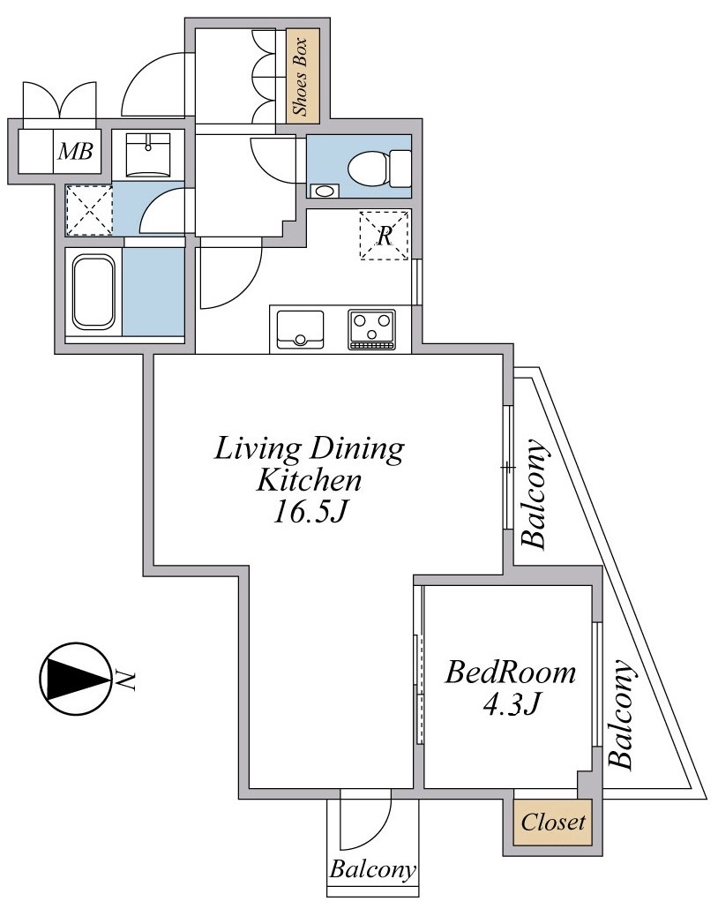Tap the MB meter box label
pyautogui.click(x=76, y=152)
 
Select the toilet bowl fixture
pyautogui.click(x=379, y=168)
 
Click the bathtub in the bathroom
pyautogui.click(x=93, y=293)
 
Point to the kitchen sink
pyautogui.click(x=300, y=330)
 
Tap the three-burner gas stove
pyautogui.click(x=372, y=330)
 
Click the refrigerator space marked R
pyautogui.click(x=385, y=236)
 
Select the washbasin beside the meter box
pyautogui.click(x=148, y=154)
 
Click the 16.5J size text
pyautogui.click(x=310, y=512)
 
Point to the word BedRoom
pyautogui.click(x=510, y=673)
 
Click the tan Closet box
pyautogui.click(x=552, y=822)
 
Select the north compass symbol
pyautogui.click(x=75, y=679)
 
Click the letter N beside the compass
pyautogui.click(x=125, y=680)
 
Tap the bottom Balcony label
pyautogui.click(x=372, y=869)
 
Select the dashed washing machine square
pyautogui.click(x=89, y=210)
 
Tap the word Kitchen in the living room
pyautogui.click(x=309, y=481)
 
